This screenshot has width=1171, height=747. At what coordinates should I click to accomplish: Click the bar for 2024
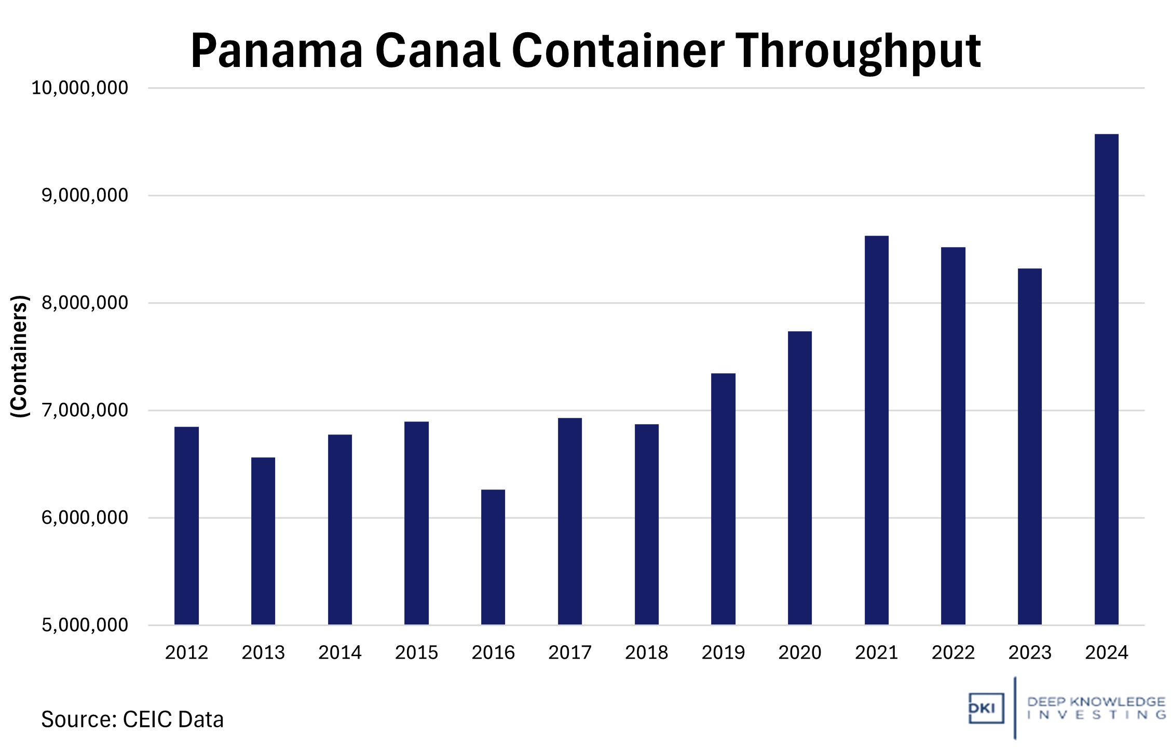tap(1106, 379)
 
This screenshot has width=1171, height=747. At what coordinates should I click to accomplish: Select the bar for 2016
tap(493, 556)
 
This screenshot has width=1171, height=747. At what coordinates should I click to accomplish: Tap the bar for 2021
tap(876, 430)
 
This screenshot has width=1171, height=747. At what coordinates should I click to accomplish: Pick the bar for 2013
tap(263, 540)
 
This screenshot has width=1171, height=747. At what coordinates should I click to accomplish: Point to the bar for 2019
tap(723, 498)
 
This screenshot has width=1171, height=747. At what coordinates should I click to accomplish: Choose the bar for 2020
tap(799, 478)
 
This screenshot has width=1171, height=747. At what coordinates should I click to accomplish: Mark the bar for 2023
tap(1029, 446)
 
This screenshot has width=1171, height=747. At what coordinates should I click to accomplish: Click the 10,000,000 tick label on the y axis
tap(79, 88)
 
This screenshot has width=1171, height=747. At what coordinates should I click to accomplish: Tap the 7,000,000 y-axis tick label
tap(85, 410)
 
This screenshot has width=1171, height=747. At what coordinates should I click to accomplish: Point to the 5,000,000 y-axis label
tap(85, 625)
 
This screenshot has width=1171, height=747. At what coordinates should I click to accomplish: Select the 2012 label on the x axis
tap(186, 653)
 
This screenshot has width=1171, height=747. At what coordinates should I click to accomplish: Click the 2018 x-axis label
tap(646, 653)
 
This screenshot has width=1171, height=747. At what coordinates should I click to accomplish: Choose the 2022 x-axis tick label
tap(953, 653)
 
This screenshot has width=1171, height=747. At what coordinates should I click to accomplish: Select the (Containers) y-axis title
tap(19, 356)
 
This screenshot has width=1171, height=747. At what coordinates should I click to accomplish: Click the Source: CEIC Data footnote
tap(132, 719)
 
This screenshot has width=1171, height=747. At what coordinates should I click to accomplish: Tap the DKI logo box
tap(986, 708)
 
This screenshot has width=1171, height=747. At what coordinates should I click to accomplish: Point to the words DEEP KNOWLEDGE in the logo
tap(1096, 702)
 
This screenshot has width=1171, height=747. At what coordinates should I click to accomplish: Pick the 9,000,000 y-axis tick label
tap(85, 195)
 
